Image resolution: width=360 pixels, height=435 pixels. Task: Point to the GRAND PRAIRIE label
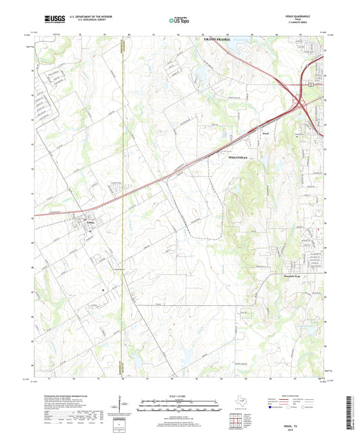tap(217, 41)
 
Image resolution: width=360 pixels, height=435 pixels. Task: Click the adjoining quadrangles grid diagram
tap(238, 419)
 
